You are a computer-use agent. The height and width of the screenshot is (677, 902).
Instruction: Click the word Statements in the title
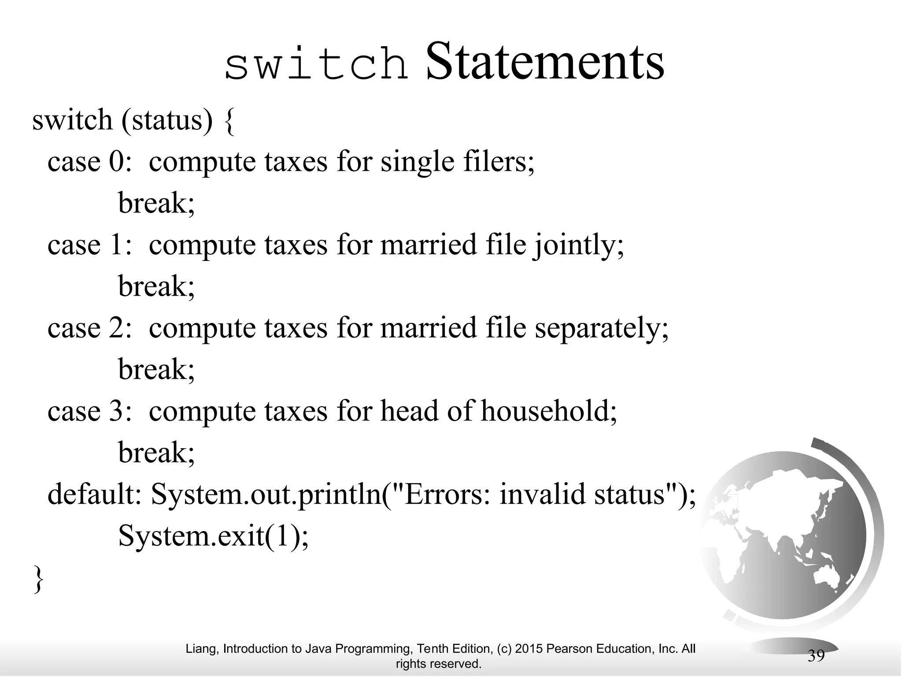[x=545, y=63]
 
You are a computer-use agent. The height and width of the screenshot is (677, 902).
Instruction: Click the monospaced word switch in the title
[x=316, y=65]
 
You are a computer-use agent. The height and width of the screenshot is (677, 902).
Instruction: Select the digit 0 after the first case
[x=117, y=161]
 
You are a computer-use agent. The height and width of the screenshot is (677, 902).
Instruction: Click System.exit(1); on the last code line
[x=214, y=536]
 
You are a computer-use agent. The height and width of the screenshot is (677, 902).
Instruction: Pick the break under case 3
[x=156, y=453]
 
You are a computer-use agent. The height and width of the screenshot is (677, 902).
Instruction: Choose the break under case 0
[x=156, y=203]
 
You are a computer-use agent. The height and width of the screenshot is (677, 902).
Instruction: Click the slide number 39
[x=816, y=656]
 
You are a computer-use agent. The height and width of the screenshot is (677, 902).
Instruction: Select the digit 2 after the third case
[x=117, y=328]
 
